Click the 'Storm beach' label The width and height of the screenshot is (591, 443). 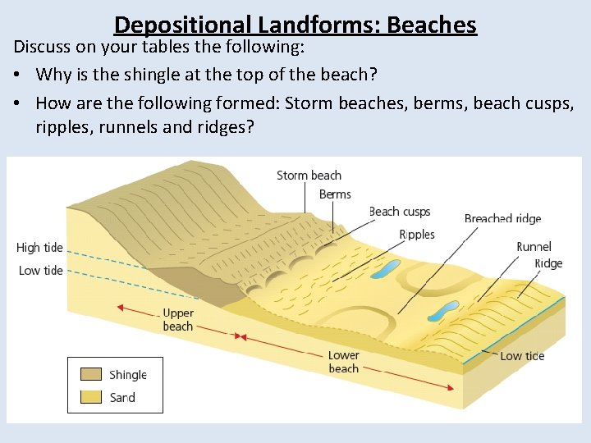pos(309,175)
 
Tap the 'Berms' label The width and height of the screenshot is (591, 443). pos(335,194)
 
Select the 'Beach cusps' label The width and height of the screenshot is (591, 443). pos(400,212)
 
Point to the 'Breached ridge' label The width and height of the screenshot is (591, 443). pos(502,219)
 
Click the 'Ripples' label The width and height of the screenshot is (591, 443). pos(417,235)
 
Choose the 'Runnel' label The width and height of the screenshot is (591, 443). pos(534,246)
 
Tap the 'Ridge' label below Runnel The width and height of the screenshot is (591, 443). pos(548,263)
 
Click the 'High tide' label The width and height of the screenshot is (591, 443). pos(39,248)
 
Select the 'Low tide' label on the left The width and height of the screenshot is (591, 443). pos(41,271)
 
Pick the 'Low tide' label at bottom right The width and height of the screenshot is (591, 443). pos(522,356)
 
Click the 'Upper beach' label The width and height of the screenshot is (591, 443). pos(178,320)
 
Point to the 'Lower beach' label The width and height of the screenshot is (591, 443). pos(344,362)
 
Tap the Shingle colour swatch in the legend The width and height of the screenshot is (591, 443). pos(91,375)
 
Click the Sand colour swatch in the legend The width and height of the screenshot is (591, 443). pos(91,398)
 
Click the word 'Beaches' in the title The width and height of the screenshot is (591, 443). pos(431,25)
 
